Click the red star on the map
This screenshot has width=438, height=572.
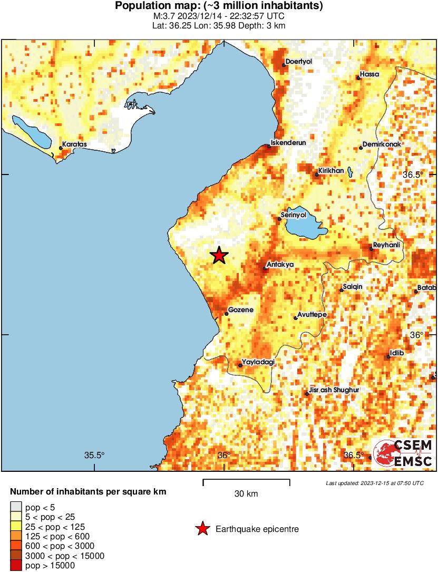pos(219,256)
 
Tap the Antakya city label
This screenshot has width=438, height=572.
pos(280,264)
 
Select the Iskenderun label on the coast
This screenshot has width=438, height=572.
pos(288,142)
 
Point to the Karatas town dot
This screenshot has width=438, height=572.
pos(61,148)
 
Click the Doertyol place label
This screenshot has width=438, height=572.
pos(299,62)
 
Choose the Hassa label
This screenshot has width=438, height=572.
pos(369,74)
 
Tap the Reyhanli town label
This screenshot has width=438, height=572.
pos(387,245)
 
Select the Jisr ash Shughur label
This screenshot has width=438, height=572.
pos(334,390)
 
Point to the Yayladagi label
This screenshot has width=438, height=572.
pos(258,362)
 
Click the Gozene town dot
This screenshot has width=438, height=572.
pos(227,314)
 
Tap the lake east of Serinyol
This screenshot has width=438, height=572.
pos(304,227)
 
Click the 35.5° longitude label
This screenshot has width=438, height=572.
pos(94,455)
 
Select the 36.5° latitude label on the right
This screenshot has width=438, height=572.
pos(413,174)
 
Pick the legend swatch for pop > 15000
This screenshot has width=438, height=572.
pos(16,566)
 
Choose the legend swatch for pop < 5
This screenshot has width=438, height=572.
pos(16,507)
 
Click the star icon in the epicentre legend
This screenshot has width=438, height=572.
pos(202,529)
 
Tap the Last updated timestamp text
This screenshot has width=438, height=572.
pos(374,483)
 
